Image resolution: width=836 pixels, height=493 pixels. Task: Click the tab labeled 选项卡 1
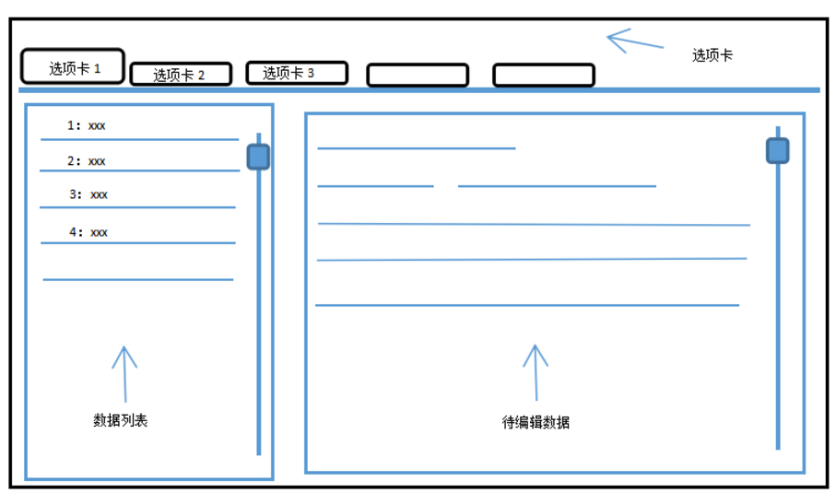point(73,67)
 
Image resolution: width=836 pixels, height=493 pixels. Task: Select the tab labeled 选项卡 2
point(181,75)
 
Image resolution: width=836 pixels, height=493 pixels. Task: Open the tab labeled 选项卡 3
point(296,73)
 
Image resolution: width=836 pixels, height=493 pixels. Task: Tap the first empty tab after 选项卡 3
point(417,76)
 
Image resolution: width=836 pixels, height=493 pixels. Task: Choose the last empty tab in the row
point(543,76)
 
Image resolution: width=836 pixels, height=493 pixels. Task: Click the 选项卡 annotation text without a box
point(712,55)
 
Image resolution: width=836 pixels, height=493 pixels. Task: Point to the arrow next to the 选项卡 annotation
point(634,41)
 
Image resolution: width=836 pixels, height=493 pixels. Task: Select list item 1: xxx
point(87,125)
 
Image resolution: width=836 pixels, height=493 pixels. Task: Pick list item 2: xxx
point(87,161)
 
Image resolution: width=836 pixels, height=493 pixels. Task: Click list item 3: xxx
point(88,194)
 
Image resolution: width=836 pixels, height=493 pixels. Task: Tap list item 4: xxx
point(88,232)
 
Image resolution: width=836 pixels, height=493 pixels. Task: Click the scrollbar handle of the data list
point(258,157)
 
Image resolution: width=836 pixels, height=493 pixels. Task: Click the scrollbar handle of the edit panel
point(778,151)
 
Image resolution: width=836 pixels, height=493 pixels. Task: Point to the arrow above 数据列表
point(124,370)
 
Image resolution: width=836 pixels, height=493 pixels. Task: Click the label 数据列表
point(121,420)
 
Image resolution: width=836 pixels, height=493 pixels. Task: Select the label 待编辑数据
point(536,423)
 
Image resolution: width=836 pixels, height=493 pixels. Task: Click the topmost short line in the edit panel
point(416,148)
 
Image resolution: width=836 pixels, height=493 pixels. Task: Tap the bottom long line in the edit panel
point(526,305)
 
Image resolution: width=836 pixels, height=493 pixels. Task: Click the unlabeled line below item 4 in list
point(137,279)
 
